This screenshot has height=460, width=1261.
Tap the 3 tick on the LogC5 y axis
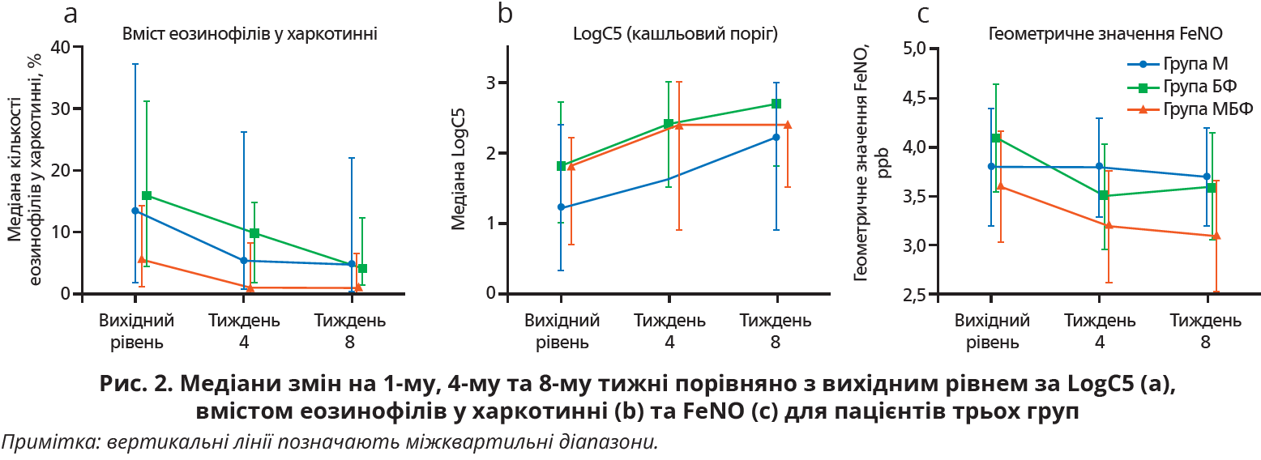(x=491, y=83)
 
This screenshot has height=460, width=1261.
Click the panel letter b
(x=506, y=13)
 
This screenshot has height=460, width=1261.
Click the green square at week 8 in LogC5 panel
(x=776, y=104)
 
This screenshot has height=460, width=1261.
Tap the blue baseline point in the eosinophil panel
(x=135, y=211)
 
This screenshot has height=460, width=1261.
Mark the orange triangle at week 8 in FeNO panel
(x=1216, y=236)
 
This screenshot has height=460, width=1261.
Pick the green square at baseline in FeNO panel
(x=996, y=138)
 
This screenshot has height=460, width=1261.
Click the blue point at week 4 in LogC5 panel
(x=669, y=178)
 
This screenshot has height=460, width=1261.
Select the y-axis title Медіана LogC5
(x=459, y=171)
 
